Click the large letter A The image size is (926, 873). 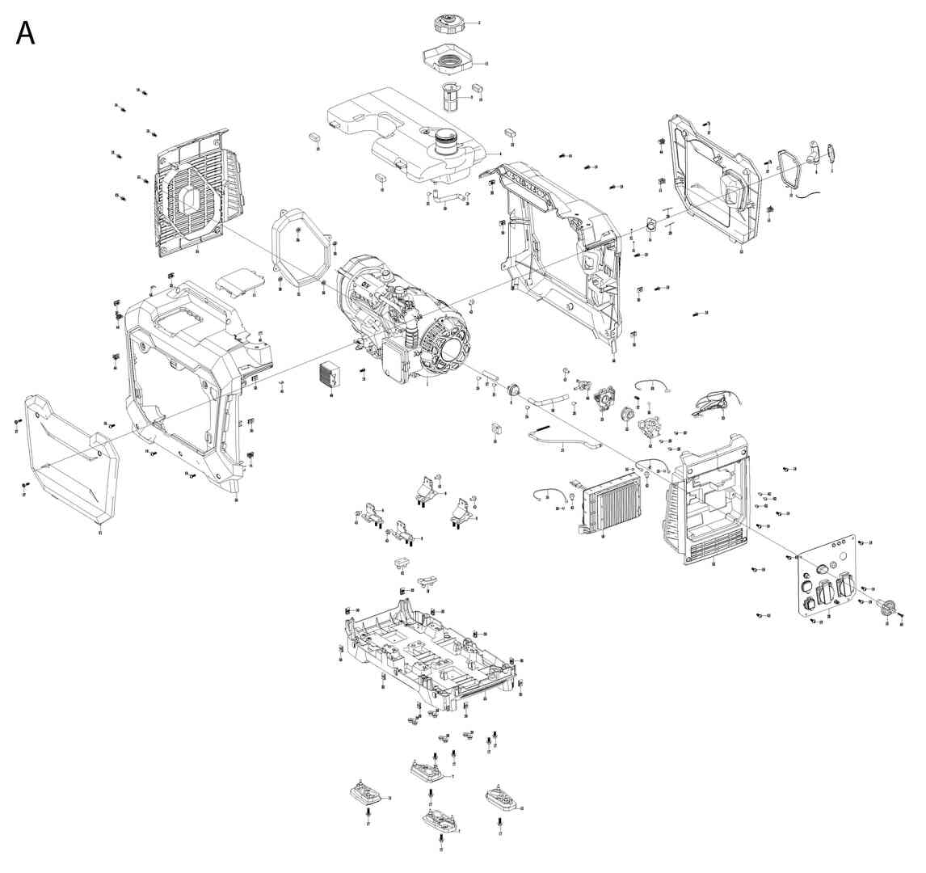[26, 33]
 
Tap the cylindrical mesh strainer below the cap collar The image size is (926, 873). [450, 98]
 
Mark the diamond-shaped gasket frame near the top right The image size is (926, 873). [788, 169]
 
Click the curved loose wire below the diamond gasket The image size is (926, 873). [810, 194]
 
